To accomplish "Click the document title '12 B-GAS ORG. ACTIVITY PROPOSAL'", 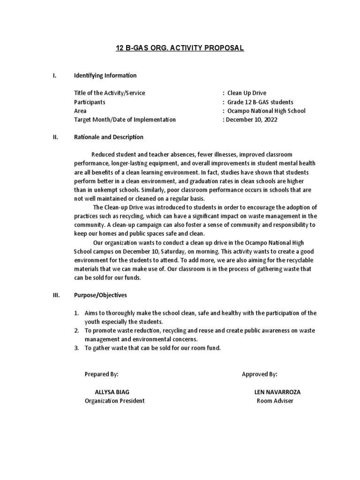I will [180, 48].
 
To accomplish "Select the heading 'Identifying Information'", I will [105, 75].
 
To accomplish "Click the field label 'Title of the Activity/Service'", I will [109, 93].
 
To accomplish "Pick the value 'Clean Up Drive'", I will [247, 93].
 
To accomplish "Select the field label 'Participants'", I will [90, 102].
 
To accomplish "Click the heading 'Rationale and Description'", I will [108, 137].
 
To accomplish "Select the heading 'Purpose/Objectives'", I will [100, 295].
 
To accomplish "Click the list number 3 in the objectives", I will [76, 348].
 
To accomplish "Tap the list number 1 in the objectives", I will [76, 313].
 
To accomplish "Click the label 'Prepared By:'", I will [101, 374].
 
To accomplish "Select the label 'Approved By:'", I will [259, 374].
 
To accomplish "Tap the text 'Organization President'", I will [114, 401].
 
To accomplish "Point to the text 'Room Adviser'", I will [275, 401].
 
